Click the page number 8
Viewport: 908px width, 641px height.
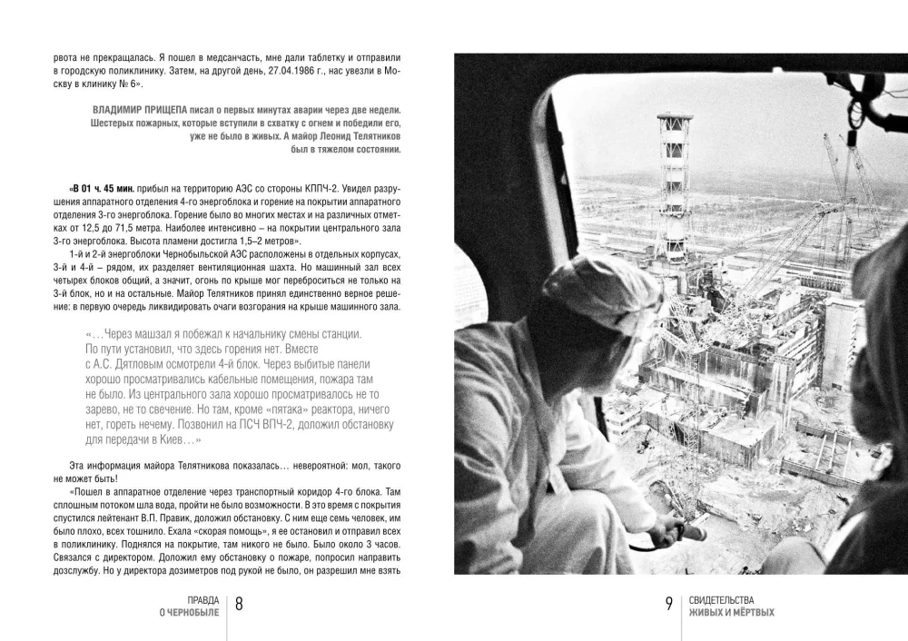(x=239, y=606)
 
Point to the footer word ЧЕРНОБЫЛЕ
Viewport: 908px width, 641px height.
(x=190, y=613)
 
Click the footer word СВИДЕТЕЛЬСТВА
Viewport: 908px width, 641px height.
(x=728, y=600)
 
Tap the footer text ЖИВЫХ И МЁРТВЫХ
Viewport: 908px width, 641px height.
(x=732, y=613)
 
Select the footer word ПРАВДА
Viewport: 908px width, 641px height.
(x=202, y=600)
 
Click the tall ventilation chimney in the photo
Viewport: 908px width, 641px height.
(x=675, y=182)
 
